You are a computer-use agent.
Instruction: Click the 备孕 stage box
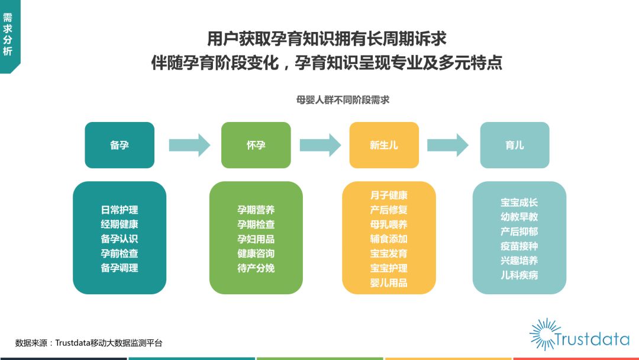[x=120, y=144]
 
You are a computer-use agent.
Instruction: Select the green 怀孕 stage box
[x=256, y=144]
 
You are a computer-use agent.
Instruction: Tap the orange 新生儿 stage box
[x=384, y=144]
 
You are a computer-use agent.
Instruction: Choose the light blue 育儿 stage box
[x=515, y=144]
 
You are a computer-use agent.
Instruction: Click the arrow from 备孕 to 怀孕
[x=189, y=144]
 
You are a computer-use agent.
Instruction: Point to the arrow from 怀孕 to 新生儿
[x=320, y=144]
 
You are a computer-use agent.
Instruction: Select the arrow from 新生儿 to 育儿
[x=447, y=144]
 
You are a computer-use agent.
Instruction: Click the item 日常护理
[x=120, y=210]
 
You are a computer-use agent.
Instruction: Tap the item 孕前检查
[x=120, y=253]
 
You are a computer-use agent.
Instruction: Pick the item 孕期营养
[x=256, y=210]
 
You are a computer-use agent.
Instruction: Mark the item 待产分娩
[x=256, y=268]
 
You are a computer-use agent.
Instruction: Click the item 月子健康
[x=389, y=195]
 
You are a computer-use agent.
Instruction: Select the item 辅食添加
[x=389, y=239]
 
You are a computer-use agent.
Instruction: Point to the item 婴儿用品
[x=389, y=282]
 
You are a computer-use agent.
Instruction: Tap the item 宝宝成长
[x=519, y=202]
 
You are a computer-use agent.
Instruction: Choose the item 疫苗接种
[x=519, y=246]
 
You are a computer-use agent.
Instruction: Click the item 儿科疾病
[x=519, y=275]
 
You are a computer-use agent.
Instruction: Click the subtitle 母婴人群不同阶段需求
[x=343, y=100]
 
